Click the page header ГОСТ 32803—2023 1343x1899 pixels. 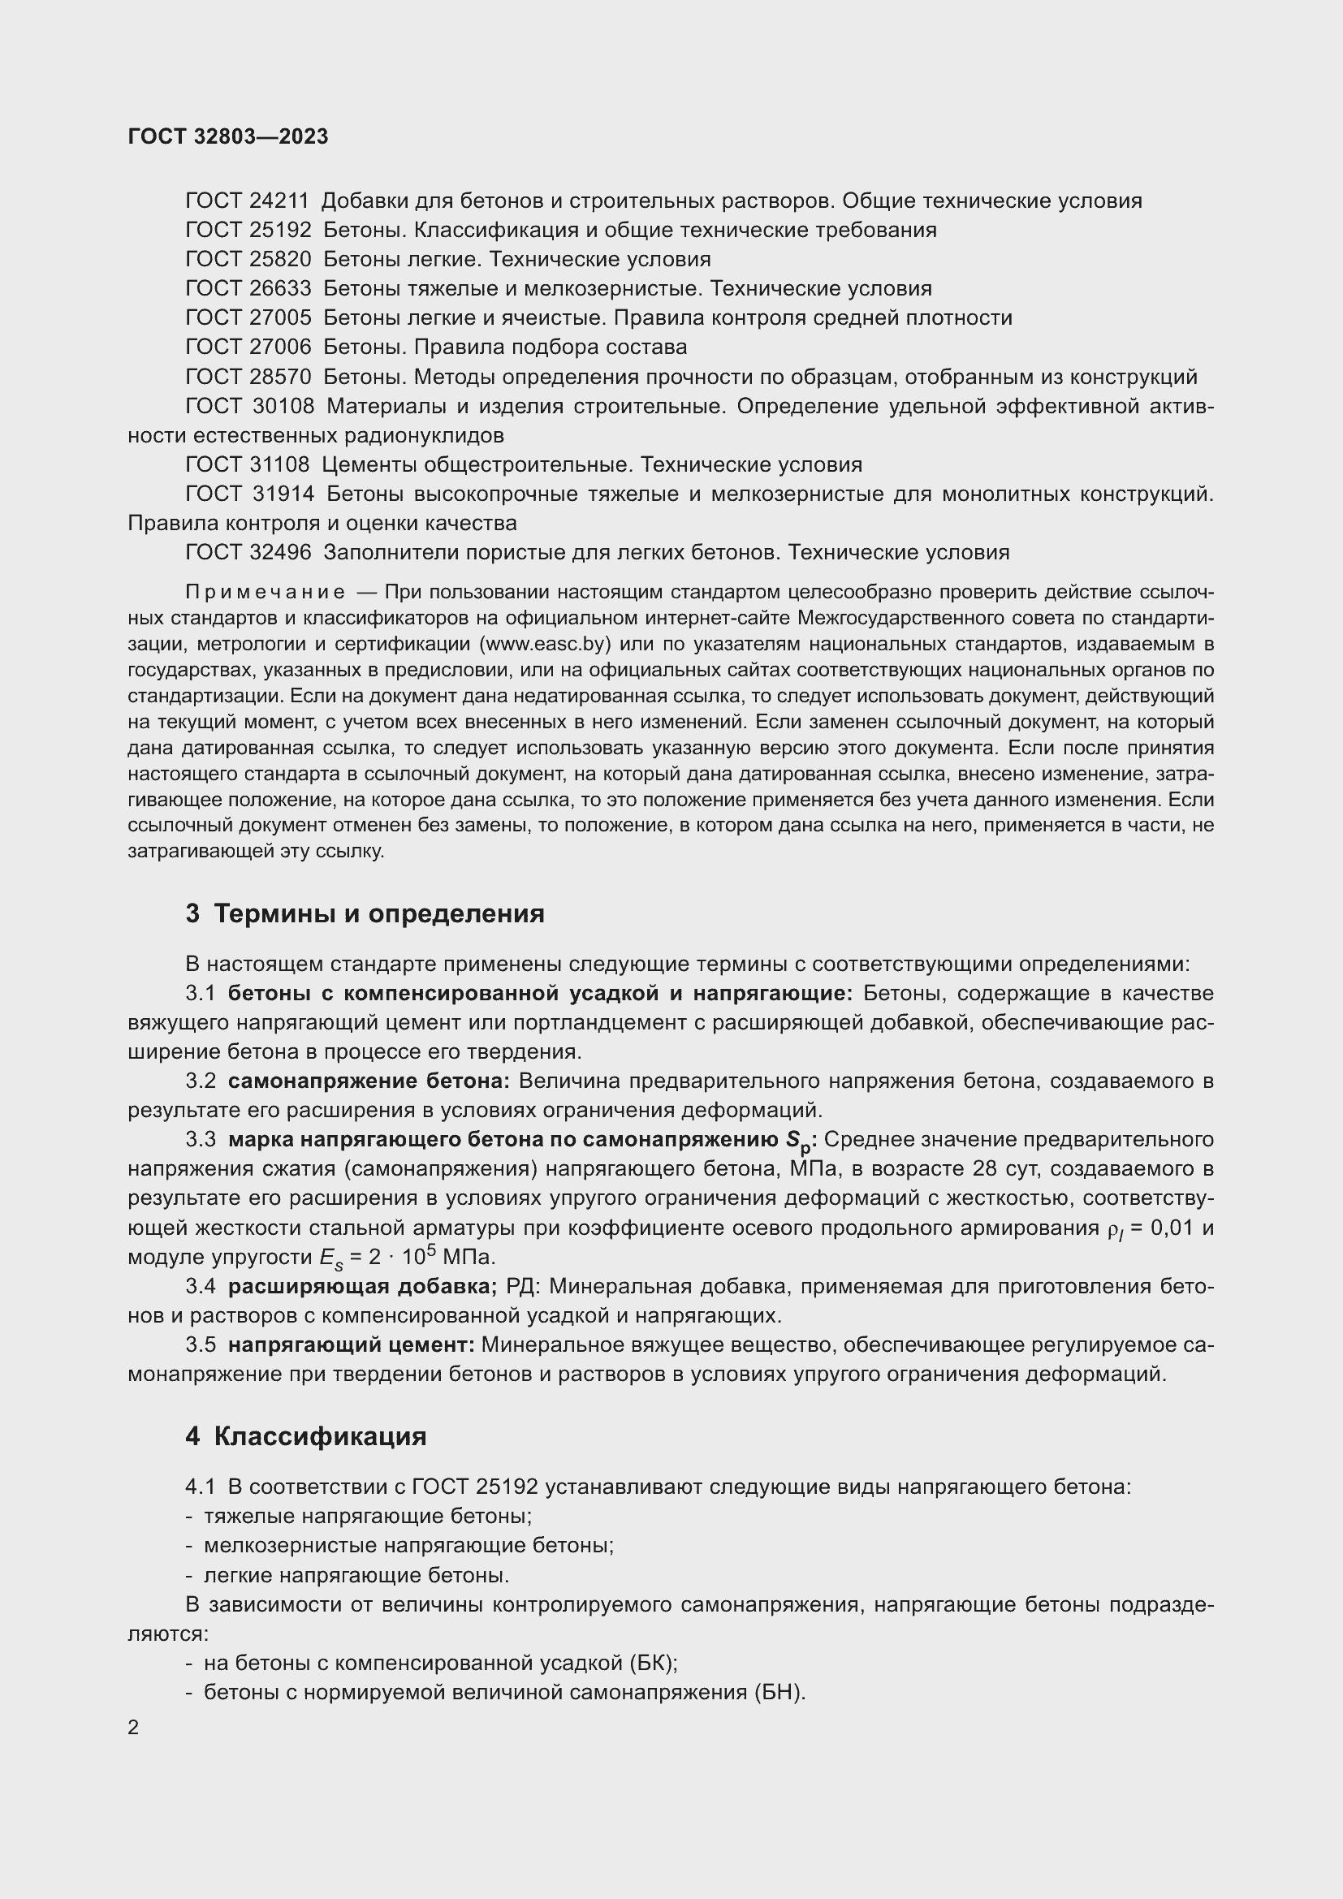[228, 136]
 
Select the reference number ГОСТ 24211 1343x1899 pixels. [248, 201]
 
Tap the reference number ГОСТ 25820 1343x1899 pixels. [248, 260]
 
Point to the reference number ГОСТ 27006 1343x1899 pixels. [248, 347]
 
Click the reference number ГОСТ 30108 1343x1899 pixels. [250, 406]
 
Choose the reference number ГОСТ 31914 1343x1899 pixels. [250, 494]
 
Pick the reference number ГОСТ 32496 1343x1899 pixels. [248, 553]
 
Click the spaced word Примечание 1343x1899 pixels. [266, 592]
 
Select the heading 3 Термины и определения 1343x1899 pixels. [365, 914]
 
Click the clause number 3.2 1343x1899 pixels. [200, 1081]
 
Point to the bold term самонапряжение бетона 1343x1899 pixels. [369, 1081]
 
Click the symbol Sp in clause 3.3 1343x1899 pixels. [801, 1142]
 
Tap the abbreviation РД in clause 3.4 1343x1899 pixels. [523, 1286]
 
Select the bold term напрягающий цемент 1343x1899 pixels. [352, 1344]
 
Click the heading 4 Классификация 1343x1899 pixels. [306, 1437]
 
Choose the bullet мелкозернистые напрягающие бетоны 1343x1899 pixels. [408, 1545]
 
